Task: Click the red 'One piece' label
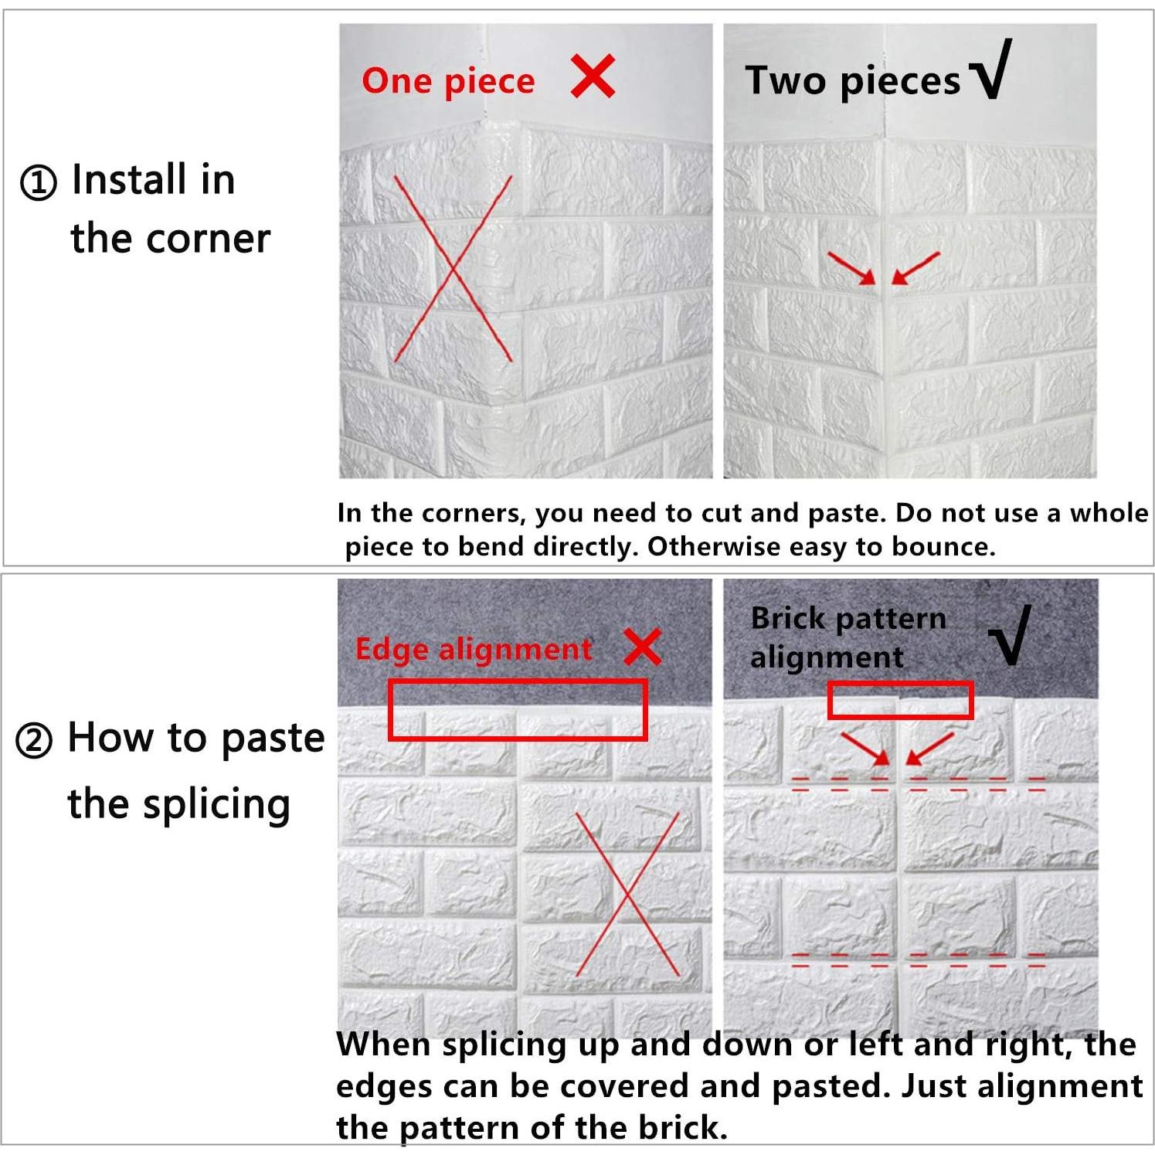click(x=448, y=81)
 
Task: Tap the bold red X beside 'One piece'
click(x=593, y=76)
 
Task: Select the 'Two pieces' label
click(x=852, y=81)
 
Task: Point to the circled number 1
click(x=38, y=183)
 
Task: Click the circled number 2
click(x=34, y=741)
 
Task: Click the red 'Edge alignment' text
click(x=474, y=649)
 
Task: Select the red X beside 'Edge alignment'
click(x=642, y=647)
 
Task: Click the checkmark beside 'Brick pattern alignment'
click(x=1011, y=636)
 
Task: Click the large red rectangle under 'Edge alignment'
click(x=518, y=681)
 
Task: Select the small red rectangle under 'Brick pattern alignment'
click(x=900, y=685)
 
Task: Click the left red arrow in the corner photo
click(x=851, y=267)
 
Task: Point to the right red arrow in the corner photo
click(x=916, y=267)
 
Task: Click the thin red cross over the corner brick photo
click(x=453, y=269)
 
